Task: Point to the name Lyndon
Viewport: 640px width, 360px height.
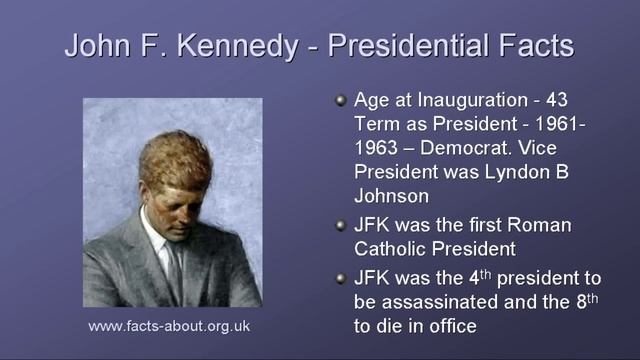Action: coord(499,172)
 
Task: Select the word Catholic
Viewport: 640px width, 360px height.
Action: coord(392,250)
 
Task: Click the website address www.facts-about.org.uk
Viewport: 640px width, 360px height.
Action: coord(169,326)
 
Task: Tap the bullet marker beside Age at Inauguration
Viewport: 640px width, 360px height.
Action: coord(340,100)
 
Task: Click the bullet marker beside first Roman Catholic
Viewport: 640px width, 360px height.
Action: coord(340,225)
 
